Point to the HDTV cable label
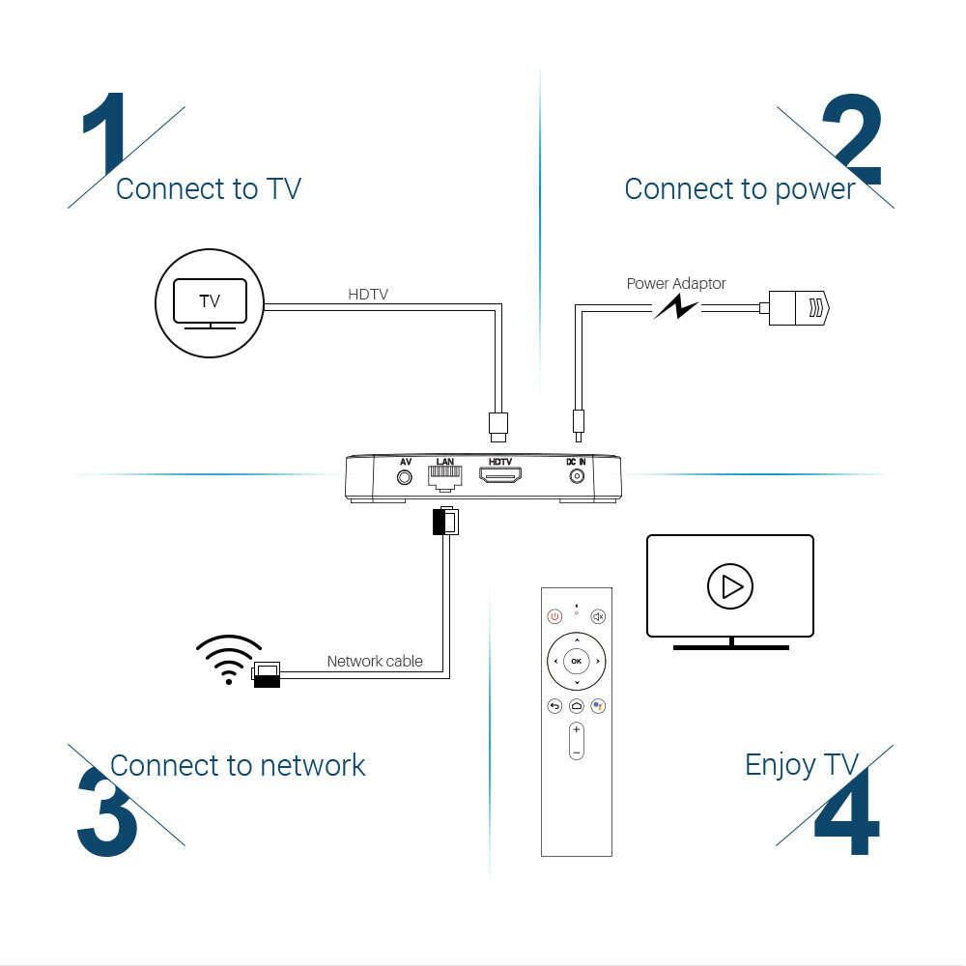(368, 294)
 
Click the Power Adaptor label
(676, 284)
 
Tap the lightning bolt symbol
(676, 308)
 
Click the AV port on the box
(406, 476)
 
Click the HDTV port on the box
(500, 476)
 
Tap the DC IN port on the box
(578, 476)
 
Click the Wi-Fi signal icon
(228, 660)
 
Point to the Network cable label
(375, 662)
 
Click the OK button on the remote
(576, 662)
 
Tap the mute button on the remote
(598, 616)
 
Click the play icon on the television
(730, 585)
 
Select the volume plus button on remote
(576, 729)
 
